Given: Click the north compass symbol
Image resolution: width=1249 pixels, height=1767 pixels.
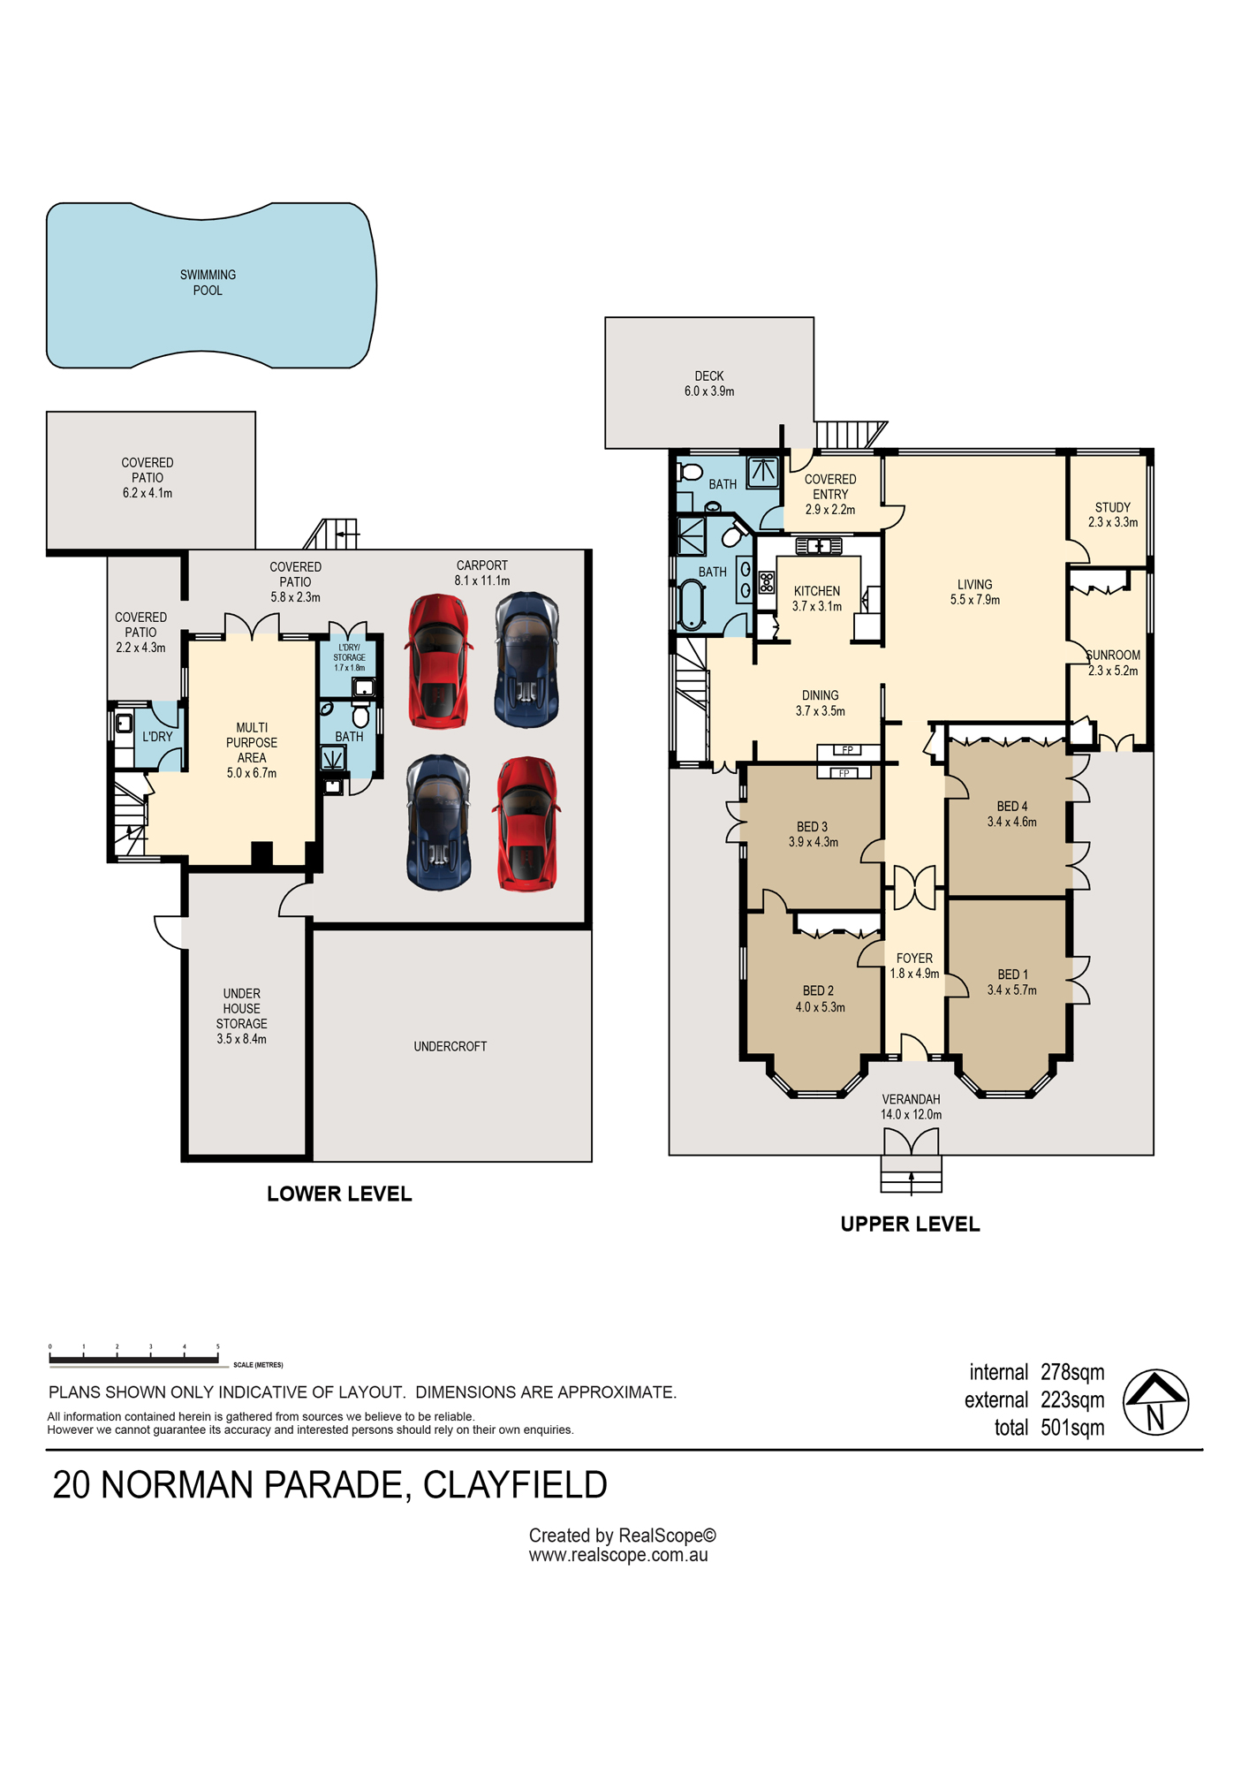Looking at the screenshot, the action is [x=1155, y=1402].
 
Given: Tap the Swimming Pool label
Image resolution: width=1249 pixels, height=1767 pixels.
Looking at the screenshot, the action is [x=208, y=283].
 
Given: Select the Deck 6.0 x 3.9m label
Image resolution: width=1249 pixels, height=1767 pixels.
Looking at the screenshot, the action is [x=709, y=383].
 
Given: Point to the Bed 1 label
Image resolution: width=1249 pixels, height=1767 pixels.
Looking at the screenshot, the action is [x=1012, y=982].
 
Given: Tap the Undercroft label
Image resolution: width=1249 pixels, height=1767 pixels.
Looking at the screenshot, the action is [x=450, y=1046].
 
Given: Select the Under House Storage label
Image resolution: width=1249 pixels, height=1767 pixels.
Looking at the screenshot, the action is [x=241, y=1016].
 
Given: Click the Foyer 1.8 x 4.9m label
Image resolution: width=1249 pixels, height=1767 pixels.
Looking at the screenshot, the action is [x=914, y=966].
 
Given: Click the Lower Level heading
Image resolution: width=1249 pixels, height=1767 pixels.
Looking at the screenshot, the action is [x=339, y=1194].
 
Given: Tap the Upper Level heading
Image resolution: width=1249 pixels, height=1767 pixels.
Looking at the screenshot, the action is [x=910, y=1224].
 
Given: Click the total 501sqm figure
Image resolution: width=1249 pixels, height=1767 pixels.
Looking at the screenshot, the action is [x=1049, y=1428].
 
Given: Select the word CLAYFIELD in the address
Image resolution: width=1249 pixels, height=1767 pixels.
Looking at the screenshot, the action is [x=515, y=1485].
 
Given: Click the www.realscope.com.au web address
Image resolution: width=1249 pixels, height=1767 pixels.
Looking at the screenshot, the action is [x=618, y=1555].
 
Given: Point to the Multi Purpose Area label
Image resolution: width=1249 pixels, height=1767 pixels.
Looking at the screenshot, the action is [x=252, y=750].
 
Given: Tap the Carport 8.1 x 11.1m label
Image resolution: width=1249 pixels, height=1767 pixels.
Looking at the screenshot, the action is [x=482, y=573].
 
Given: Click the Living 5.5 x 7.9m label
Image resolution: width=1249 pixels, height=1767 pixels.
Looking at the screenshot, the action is [x=975, y=592].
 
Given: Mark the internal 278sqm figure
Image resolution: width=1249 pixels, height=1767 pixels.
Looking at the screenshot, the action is [x=1037, y=1372].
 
